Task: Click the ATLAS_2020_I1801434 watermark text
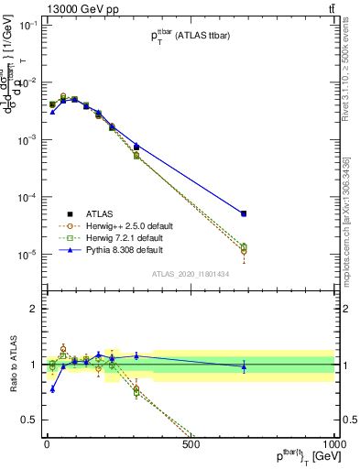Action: pos(190,273)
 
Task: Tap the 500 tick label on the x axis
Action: pos(191,444)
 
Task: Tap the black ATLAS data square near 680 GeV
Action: pos(244,213)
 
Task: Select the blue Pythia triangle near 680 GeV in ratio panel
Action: pos(244,366)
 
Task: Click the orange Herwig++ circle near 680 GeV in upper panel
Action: pos(244,251)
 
